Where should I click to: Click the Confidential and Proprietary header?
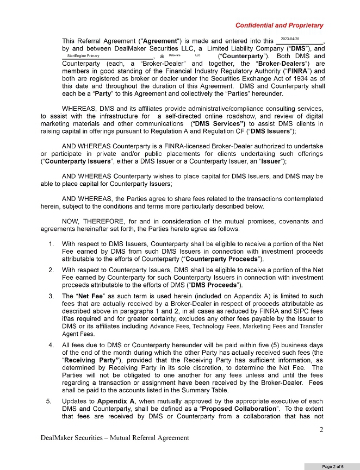tap(279, 26)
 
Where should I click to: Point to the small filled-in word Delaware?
tap(175, 55)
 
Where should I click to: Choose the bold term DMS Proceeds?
tap(214, 285)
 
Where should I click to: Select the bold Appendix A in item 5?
tap(115, 402)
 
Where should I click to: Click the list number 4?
tap(51, 345)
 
